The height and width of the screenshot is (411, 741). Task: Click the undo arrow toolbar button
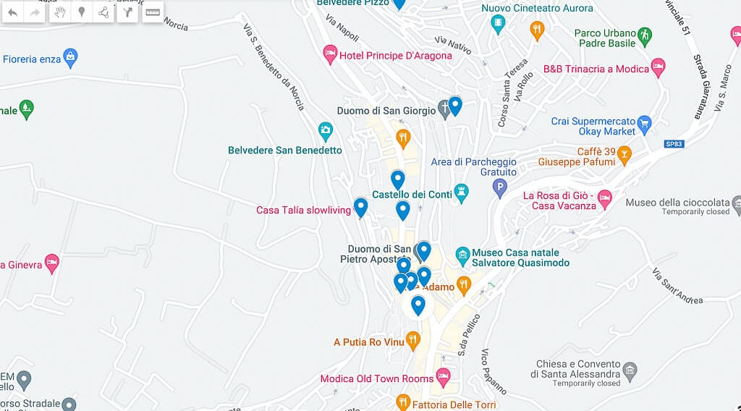13,12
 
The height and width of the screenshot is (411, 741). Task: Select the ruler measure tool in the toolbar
152,12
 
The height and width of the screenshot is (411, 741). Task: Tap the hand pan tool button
59,12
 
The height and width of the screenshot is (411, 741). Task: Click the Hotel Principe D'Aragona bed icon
330,52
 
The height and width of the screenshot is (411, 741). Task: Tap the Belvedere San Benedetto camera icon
326,131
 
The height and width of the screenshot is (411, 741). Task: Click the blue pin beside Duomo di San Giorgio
454,106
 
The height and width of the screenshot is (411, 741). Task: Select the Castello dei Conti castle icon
461,192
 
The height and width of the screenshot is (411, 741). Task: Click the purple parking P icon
499,189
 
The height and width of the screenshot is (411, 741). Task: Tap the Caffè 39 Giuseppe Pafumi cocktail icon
624,154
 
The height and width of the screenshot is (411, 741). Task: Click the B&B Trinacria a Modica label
595,69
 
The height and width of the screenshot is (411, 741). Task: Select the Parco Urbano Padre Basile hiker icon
644,35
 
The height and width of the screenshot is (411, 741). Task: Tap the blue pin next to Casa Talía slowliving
360,208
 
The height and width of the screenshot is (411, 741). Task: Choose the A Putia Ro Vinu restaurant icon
412,339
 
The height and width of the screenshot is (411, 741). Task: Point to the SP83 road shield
674,144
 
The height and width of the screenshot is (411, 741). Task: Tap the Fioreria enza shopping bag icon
70,57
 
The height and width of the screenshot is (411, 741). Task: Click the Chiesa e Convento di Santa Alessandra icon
630,372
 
